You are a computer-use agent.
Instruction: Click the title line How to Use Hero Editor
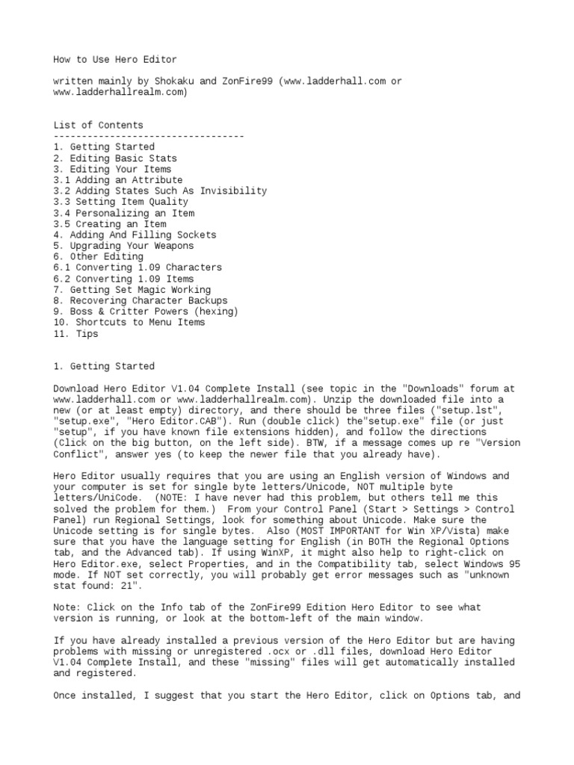point(115,59)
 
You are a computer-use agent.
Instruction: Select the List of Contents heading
point(98,125)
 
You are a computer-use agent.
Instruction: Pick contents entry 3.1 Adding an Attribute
point(118,180)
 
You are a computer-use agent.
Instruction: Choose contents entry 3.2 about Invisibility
point(160,191)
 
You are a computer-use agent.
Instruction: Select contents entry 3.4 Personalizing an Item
point(124,213)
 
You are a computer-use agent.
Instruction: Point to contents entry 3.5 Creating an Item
point(110,223)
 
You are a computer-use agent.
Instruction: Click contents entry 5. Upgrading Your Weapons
point(123,246)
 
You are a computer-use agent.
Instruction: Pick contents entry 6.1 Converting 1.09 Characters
point(138,267)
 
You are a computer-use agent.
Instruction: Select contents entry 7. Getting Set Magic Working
point(132,289)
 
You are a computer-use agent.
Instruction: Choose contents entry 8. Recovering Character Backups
point(141,300)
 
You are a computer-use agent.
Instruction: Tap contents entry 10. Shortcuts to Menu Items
point(129,322)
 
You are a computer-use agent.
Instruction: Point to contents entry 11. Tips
point(75,334)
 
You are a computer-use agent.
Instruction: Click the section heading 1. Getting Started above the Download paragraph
point(104,366)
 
